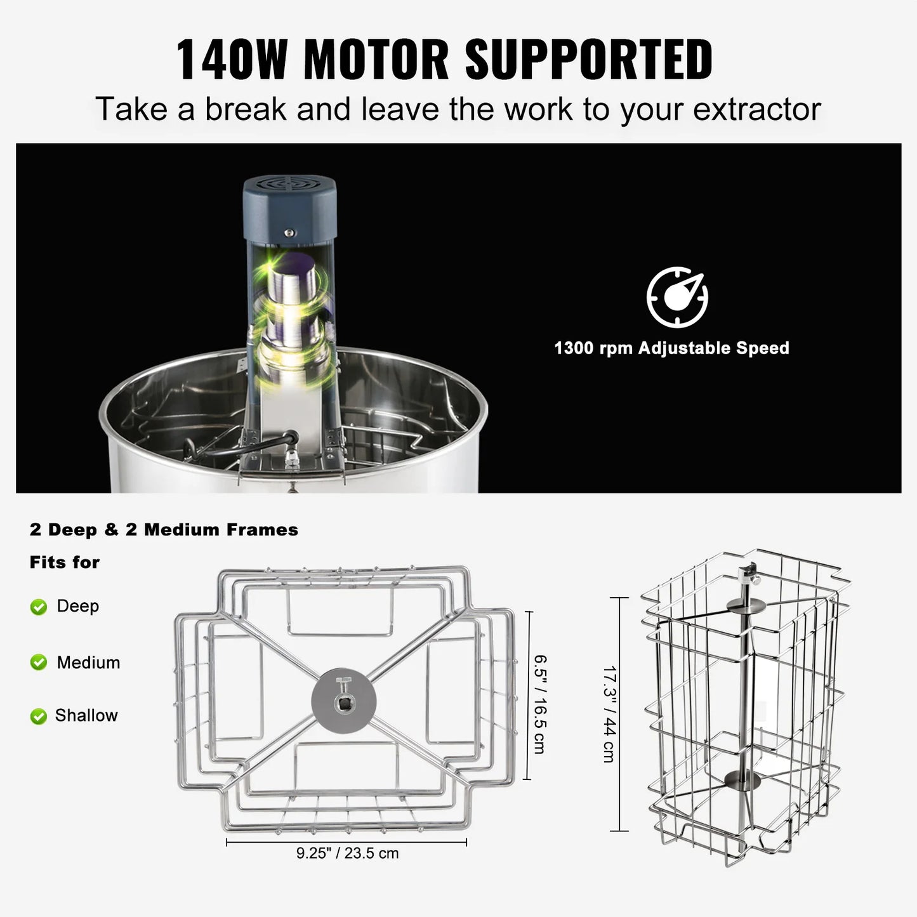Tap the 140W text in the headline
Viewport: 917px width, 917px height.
(231, 60)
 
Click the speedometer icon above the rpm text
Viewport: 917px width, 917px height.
(677, 297)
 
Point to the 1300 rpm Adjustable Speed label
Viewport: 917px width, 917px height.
(671, 348)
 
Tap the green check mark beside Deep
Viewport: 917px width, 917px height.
(39, 607)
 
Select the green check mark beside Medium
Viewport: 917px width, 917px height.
(39, 663)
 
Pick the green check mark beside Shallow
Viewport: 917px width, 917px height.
(39, 716)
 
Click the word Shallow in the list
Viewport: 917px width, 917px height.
(86, 715)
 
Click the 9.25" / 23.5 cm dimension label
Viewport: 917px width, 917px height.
(347, 853)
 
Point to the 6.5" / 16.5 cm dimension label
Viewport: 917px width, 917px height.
(539, 704)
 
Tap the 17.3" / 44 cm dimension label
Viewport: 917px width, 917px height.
(609, 714)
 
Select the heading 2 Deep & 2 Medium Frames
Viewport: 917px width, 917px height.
(164, 529)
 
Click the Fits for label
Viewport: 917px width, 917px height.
(65, 562)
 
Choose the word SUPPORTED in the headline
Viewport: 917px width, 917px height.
(589, 60)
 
